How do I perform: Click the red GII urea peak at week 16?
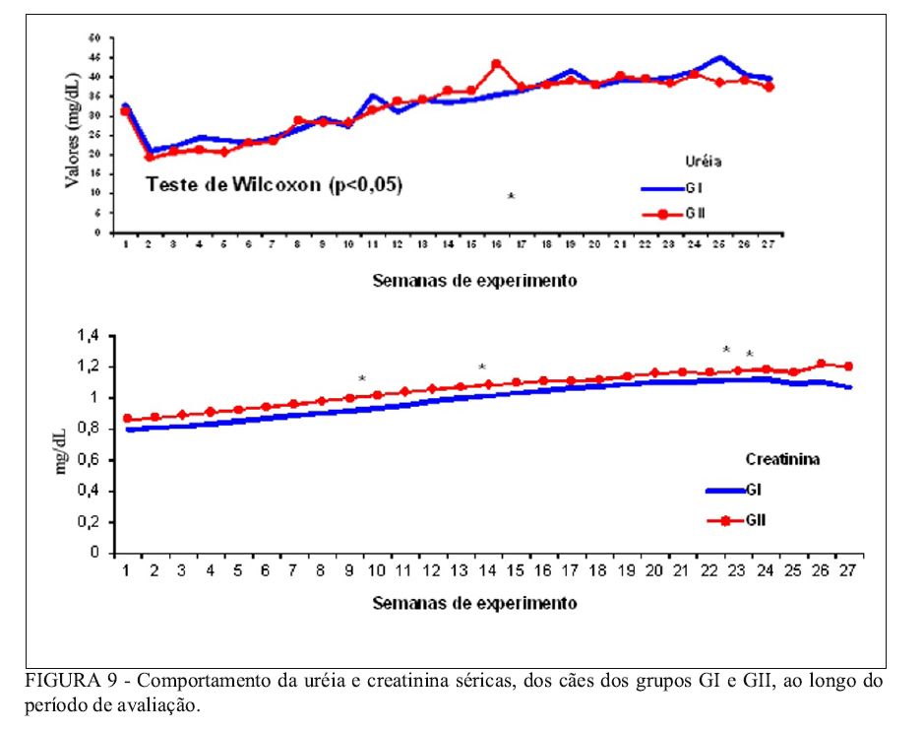click(x=496, y=64)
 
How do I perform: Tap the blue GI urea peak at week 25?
click(x=719, y=58)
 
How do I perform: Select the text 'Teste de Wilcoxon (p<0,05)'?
click(x=275, y=183)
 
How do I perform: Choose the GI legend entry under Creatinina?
click(x=752, y=489)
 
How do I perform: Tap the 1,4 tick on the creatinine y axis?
click(x=89, y=337)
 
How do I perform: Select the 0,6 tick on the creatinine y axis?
click(x=89, y=460)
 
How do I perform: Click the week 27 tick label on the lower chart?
click(x=847, y=570)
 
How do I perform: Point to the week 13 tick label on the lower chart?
click(x=458, y=570)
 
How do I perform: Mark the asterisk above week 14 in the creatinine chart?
click(x=482, y=368)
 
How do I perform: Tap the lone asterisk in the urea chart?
click(x=512, y=197)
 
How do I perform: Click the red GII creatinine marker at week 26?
click(x=822, y=365)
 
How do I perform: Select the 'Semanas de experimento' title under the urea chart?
click(x=475, y=280)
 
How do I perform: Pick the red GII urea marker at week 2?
click(x=150, y=157)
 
